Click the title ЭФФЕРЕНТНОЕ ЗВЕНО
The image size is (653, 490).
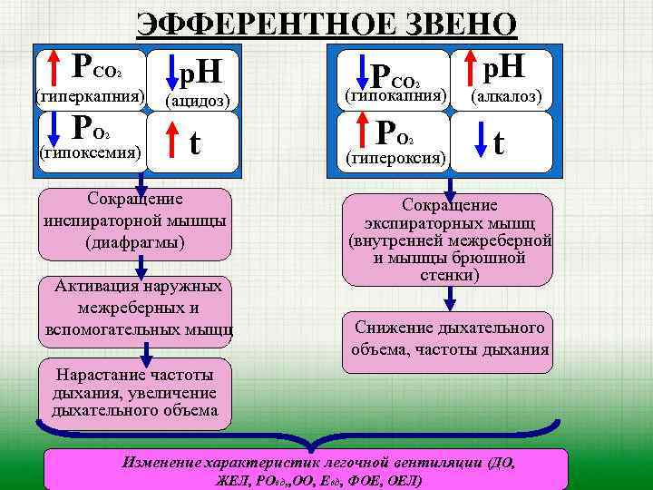326,22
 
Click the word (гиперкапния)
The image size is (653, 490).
89,95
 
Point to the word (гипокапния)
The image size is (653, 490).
395,95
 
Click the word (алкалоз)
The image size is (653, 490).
506,95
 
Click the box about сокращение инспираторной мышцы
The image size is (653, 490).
134,221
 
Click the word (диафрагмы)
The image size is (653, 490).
134,242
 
